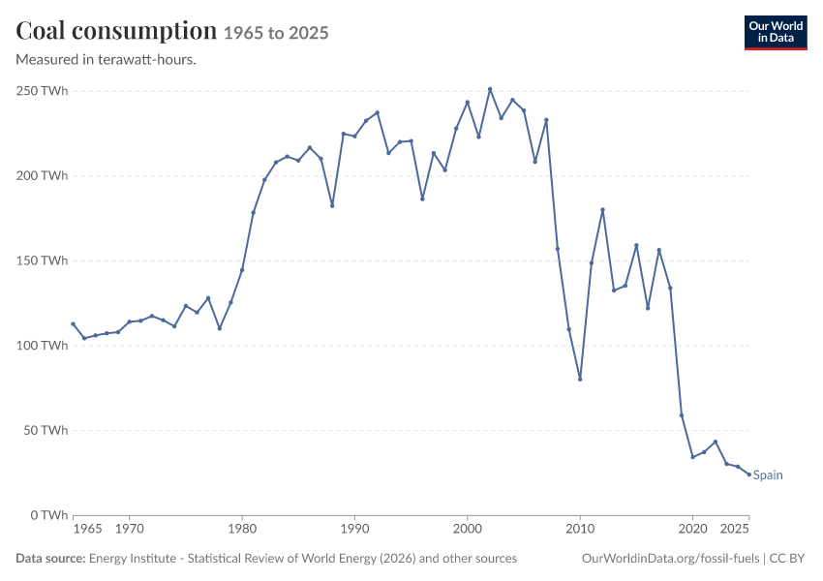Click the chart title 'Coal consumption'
click(x=116, y=31)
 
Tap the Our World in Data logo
click(x=776, y=33)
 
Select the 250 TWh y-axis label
click(x=42, y=91)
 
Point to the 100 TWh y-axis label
click(x=42, y=346)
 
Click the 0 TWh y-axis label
click(x=49, y=515)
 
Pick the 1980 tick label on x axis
click(x=242, y=529)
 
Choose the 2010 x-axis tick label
click(x=580, y=529)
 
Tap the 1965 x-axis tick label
click(x=87, y=529)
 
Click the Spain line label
click(x=768, y=475)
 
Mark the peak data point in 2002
click(x=490, y=89)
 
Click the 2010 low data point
click(x=580, y=379)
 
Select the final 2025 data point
click(x=749, y=474)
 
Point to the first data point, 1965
click(x=73, y=323)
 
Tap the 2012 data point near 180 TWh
click(x=602, y=210)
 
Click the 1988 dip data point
click(x=332, y=205)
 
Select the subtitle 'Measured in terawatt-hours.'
click(x=107, y=60)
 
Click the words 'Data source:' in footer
click(x=50, y=559)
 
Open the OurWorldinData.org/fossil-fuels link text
click(x=670, y=559)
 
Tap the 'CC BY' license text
click(x=787, y=559)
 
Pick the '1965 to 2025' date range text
click(x=276, y=33)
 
